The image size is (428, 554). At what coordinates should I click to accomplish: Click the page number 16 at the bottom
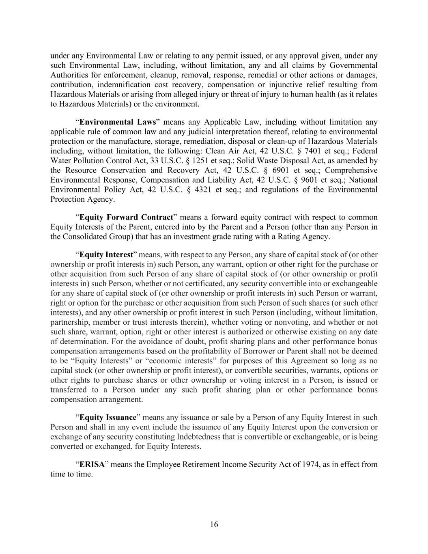pos(214,524)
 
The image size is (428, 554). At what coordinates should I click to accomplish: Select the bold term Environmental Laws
pos(117,122)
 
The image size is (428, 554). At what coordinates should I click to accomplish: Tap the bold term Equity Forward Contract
pos(126,217)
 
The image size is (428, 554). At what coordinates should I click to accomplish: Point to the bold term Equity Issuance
pos(108,418)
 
